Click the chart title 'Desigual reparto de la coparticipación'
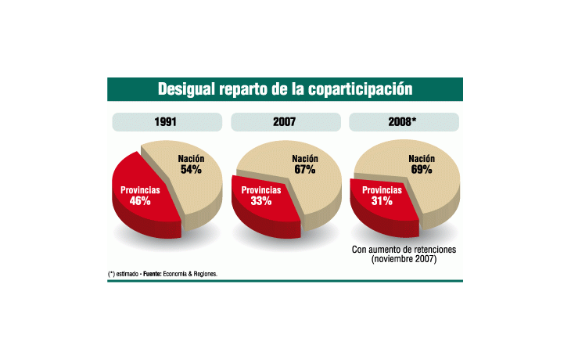[285, 88]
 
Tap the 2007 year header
[285, 122]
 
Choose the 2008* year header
[404, 122]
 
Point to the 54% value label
[191, 169]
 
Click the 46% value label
[140, 201]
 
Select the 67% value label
[304, 169]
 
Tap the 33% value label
[260, 201]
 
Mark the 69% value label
[421, 169]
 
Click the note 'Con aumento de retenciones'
[404, 250]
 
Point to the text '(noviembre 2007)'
[404, 259]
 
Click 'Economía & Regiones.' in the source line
[191, 274]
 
